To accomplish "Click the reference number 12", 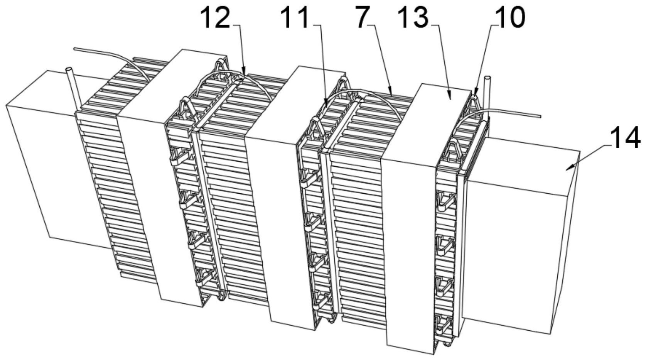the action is click(217, 17).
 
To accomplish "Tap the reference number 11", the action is click(297, 17).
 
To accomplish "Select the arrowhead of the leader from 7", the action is click(391, 93).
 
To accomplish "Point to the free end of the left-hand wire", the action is click(75, 49).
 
